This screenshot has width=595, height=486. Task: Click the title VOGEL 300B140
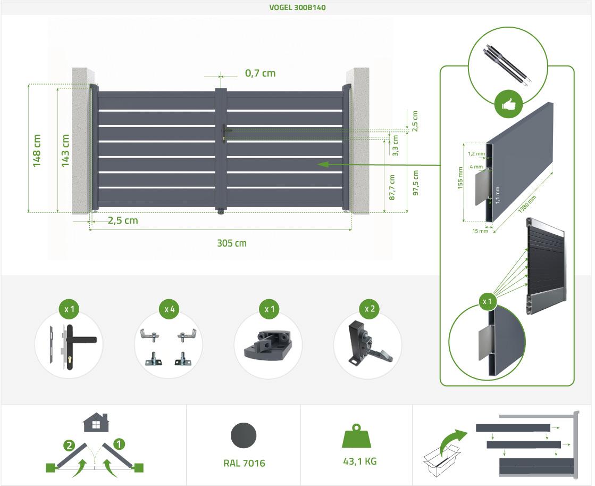297,7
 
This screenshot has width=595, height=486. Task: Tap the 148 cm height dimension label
37,151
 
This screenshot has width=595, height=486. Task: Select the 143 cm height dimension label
65,151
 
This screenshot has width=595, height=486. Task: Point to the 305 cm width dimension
231,243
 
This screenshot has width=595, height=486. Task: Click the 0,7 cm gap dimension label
261,73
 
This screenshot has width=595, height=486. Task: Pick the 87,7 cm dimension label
392,187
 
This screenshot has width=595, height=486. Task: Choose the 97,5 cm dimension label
415,183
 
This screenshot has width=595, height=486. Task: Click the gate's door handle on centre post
225,131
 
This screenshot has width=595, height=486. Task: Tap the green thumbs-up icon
508,104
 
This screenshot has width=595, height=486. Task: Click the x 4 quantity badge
169,309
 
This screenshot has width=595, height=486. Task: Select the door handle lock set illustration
72,346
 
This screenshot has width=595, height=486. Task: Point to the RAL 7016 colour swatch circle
244,435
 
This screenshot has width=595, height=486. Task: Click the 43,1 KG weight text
360,462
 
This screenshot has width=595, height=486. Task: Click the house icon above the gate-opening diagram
96,422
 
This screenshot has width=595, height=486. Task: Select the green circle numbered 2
69,446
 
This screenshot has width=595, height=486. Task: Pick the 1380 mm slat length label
527,204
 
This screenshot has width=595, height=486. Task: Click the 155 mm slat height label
460,178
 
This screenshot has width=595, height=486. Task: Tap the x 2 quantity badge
370,309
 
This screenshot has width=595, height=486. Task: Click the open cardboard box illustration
441,460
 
